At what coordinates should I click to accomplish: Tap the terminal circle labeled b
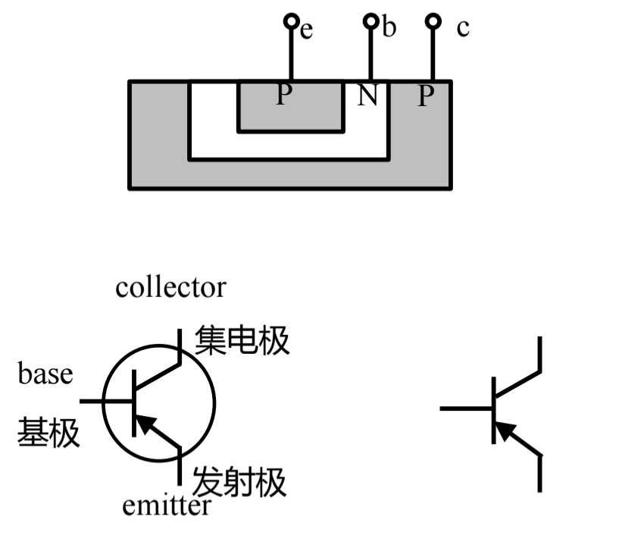(370, 21)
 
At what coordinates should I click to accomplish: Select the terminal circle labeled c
(433, 21)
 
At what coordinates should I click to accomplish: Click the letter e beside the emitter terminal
(306, 31)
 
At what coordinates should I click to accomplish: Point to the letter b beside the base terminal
(389, 28)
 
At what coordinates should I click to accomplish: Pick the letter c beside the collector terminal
(463, 28)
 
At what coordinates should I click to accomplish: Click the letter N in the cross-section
(367, 96)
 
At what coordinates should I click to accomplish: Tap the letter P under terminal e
(283, 95)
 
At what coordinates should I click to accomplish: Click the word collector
(170, 288)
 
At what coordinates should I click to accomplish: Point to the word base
(45, 374)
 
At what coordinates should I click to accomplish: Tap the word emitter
(167, 505)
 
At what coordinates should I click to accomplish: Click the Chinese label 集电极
(242, 341)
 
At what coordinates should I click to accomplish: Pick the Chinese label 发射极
(240, 482)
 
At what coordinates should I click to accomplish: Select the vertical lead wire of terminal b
(370, 53)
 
